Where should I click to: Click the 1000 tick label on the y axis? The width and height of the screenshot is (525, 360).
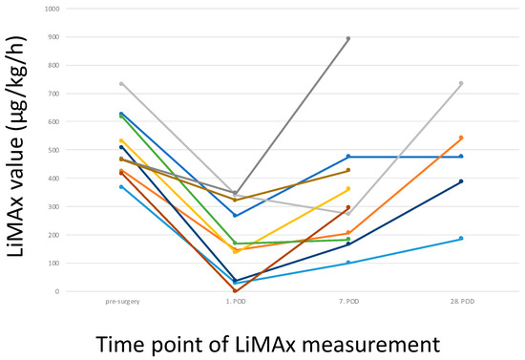point(49,9)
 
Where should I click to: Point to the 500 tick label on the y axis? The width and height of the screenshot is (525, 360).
point(51,150)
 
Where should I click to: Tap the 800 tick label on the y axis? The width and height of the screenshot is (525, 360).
point(51,65)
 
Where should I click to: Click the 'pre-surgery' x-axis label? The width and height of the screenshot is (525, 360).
point(121,302)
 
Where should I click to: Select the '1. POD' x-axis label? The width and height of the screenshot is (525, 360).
point(235,302)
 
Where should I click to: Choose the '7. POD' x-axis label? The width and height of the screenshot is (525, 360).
point(348,302)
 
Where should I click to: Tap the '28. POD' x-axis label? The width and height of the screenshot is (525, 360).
point(461,302)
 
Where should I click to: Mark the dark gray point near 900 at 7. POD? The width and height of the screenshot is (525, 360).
point(348,39)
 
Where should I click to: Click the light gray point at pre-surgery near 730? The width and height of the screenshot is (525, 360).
point(121,84)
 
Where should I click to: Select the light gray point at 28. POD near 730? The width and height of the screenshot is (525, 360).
point(461,84)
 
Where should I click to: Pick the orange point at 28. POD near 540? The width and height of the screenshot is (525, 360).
point(461,138)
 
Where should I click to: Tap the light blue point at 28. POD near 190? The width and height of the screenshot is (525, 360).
point(461,239)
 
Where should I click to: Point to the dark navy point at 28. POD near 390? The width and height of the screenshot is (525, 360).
point(461,181)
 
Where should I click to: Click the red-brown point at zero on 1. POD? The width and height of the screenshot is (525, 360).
point(235,290)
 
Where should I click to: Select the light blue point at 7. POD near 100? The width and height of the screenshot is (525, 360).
point(348,263)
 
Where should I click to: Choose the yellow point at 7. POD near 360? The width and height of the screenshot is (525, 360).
point(348,189)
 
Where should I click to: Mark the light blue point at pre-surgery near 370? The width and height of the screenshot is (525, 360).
point(121,186)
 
